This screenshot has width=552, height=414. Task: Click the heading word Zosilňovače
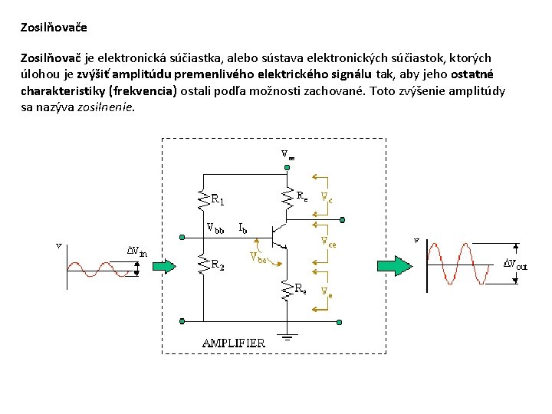point(54,28)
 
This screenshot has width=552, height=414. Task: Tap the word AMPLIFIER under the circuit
point(234,343)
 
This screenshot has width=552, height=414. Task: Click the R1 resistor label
point(218,201)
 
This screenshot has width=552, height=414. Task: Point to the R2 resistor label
point(218,265)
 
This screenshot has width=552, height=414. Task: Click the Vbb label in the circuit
point(215,228)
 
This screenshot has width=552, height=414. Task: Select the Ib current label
point(242,228)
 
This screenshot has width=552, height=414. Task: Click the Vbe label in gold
point(259,258)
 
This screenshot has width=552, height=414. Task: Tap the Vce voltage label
point(328,242)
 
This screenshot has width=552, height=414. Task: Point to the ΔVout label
point(514,264)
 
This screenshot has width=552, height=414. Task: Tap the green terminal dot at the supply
point(287,165)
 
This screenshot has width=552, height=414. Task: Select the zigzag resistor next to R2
point(204,265)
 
